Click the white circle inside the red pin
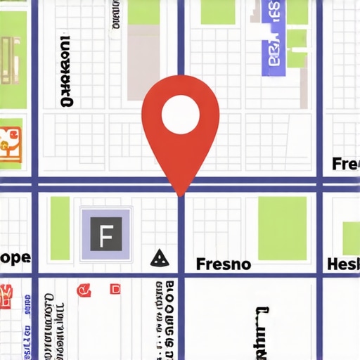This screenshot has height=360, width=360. point(181,115)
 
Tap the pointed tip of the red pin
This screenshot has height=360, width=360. point(181,194)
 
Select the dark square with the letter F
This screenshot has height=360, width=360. point(106,234)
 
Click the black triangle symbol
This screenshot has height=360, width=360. point(160,258)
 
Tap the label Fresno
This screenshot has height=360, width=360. point(223,264)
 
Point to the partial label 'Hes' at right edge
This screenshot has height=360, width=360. point(344,264)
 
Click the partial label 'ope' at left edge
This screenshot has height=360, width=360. point(15,257)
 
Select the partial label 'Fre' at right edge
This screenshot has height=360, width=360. point(345,165)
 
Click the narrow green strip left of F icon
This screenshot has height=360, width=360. point(60,228)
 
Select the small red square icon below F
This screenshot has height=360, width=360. point(115,289)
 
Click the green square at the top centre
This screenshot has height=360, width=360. point(217,11)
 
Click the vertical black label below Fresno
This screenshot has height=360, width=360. point(260,330)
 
